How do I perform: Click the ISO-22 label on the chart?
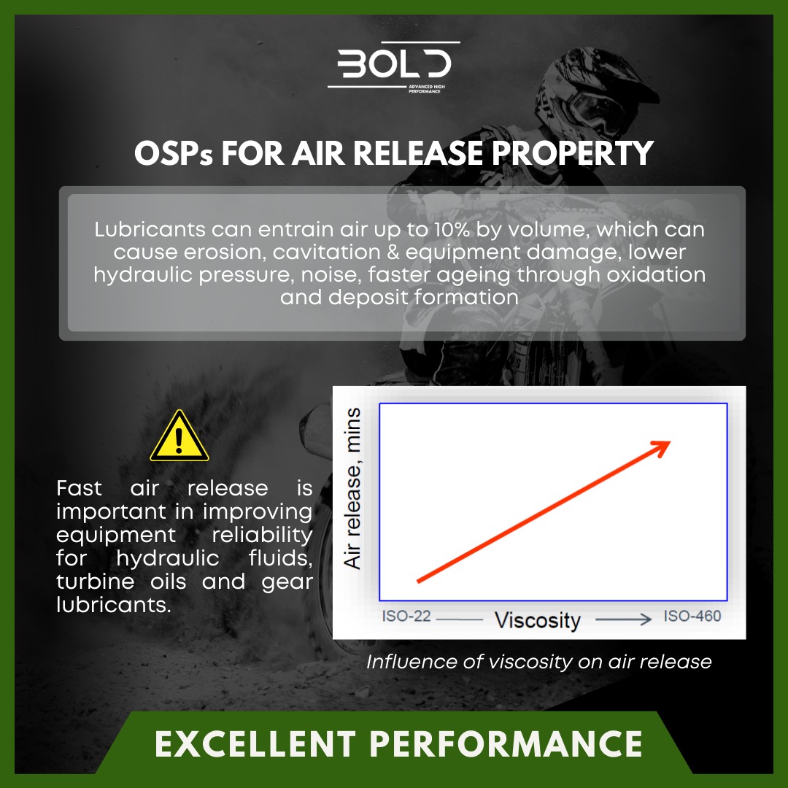click(406, 617)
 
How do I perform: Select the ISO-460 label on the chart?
click(692, 617)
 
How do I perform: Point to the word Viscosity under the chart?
click(538, 621)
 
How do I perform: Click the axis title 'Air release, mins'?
click(353, 489)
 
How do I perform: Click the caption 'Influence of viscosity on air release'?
click(538, 662)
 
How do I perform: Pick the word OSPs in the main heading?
click(173, 153)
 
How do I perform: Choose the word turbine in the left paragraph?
click(95, 582)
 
